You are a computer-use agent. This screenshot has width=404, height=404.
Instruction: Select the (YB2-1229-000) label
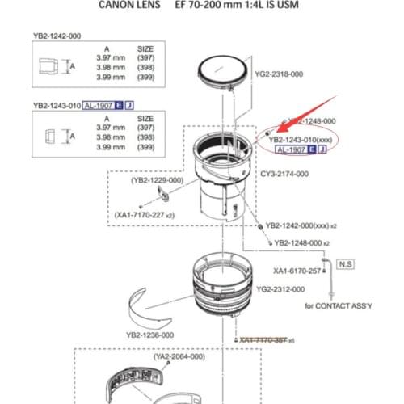coord(158,180)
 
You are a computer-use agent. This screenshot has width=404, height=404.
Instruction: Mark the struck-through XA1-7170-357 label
coord(269,340)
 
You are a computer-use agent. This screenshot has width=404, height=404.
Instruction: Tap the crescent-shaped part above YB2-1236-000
coord(156,307)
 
